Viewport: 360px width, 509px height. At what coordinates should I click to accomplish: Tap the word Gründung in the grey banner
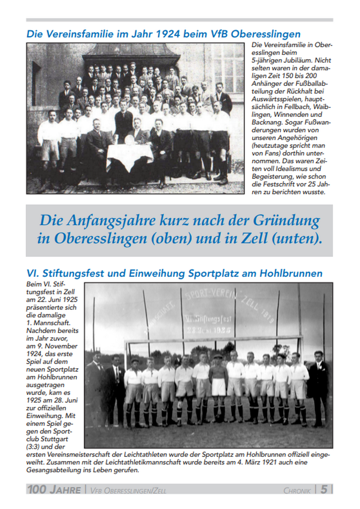[x=286, y=221]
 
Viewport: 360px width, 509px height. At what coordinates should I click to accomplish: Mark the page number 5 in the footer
[x=323, y=489]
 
